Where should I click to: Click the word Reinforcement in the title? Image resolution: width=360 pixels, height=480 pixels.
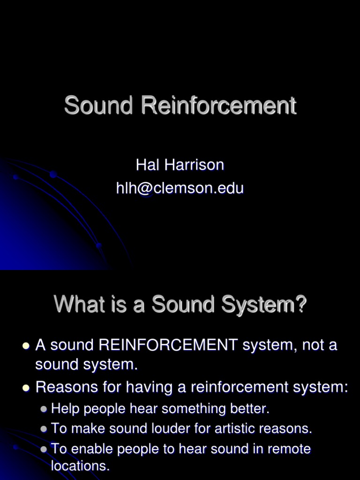219,105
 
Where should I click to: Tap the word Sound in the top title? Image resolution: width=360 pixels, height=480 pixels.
99,105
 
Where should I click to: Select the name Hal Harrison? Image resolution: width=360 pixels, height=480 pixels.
180,165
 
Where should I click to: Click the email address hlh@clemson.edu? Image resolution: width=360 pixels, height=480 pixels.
180,188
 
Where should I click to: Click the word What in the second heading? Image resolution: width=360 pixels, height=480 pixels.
73,305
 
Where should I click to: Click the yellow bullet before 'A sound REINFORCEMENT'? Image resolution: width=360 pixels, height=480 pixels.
26,346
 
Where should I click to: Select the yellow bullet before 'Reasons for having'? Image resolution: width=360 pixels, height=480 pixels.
26,388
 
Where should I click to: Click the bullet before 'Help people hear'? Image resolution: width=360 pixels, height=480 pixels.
44,409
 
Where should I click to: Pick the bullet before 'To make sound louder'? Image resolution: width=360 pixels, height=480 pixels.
44,429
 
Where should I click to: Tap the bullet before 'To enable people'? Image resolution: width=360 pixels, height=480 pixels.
44,449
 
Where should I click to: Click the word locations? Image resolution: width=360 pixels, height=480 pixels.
80,466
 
